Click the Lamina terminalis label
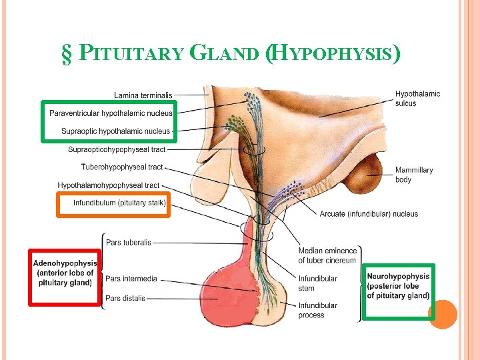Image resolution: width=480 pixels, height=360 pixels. click(x=143, y=95)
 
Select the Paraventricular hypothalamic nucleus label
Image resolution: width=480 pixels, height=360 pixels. click(x=110, y=113)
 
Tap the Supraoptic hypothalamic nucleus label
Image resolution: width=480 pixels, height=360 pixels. click(x=115, y=131)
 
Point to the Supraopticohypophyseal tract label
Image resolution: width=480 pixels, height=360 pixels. click(x=116, y=149)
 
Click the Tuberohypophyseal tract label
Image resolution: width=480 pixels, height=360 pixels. click(x=122, y=167)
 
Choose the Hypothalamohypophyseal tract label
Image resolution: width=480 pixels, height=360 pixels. click(x=109, y=185)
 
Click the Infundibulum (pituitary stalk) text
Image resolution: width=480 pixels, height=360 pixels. click(x=119, y=202)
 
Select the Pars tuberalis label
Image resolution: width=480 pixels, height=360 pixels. click(x=128, y=243)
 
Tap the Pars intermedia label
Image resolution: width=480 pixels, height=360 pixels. click(x=131, y=279)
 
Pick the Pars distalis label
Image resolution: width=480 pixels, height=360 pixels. click(x=125, y=298)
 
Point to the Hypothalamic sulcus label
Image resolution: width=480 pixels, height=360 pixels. click(x=417, y=99)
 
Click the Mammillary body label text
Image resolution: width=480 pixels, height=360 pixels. click(x=413, y=175)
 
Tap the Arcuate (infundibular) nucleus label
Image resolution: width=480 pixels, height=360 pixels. click(x=369, y=214)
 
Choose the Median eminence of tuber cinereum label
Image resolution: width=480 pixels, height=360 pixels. click(x=327, y=255)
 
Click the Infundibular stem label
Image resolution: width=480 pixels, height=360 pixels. click(x=317, y=283)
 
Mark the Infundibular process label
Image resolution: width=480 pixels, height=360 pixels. click(x=317, y=310)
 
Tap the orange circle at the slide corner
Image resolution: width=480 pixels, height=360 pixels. click(x=442, y=314)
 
